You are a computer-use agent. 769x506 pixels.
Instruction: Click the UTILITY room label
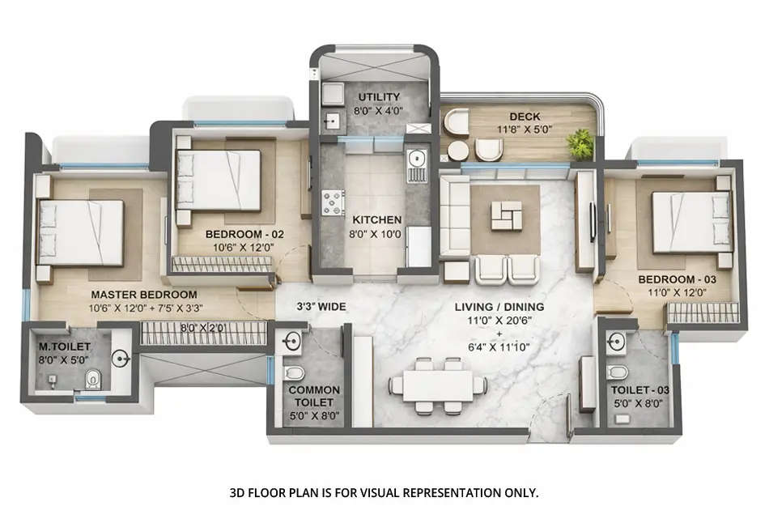[373, 97]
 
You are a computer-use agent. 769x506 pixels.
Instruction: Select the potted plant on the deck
[580, 143]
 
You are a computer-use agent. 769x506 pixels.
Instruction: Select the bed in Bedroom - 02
[220, 180]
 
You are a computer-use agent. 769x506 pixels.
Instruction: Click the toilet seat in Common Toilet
[294, 372]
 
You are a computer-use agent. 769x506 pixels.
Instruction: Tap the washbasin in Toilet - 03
[618, 340]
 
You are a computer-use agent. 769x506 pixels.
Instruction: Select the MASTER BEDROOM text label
[144, 294]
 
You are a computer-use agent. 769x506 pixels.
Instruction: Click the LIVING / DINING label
[499, 307]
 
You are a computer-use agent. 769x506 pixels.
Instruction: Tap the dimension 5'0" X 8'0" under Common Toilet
[314, 415]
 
